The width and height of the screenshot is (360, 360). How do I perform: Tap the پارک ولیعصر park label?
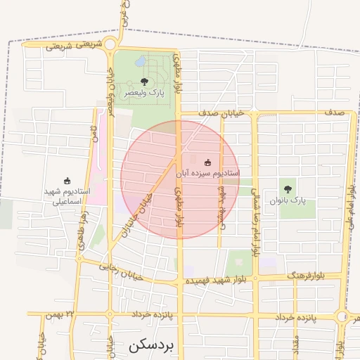point(144,93)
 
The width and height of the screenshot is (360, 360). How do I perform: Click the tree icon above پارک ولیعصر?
point(144,82)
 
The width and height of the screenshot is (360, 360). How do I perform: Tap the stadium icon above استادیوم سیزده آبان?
point(207,162)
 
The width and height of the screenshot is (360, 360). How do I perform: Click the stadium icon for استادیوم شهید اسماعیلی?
point(67,181)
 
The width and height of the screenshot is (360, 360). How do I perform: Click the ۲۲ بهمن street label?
point(59,314)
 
